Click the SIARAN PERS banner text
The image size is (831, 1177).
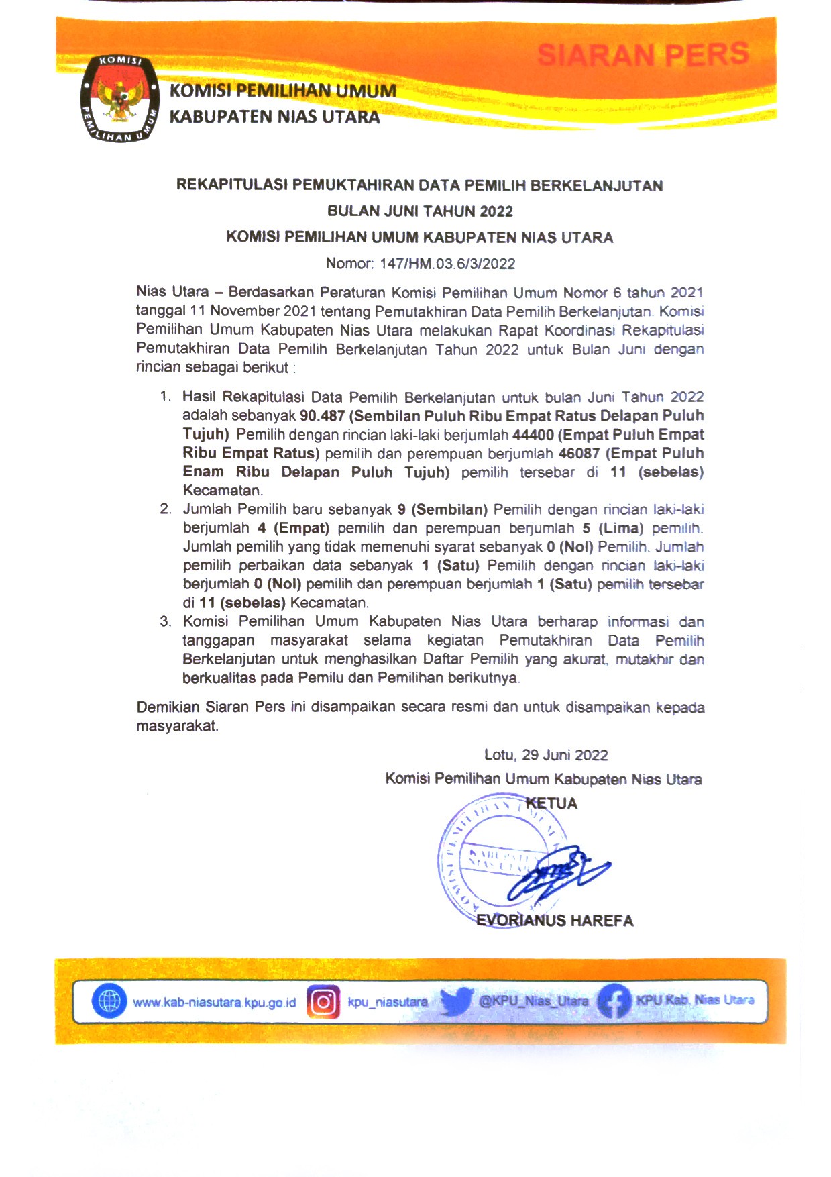(x=643, y=54)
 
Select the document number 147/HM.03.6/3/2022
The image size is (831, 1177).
(x=447, y=264)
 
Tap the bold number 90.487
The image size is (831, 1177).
(x=322, y=416)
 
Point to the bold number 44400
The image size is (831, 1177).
(x=533, y=435)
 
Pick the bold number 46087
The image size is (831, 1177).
(x=580, y=454)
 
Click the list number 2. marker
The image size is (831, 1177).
(x=166, y=509)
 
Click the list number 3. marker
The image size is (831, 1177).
(x=166, y=621)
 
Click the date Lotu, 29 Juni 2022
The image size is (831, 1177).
(x=546, y=755)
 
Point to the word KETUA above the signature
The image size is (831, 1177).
(x=551, y=803)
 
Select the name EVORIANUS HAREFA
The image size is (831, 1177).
(x=555, y=921)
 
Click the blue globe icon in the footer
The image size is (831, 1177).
(x=109, y=1001)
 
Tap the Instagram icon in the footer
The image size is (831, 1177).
(x=323, y=1002)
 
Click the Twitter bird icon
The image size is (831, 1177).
(x=456, y=1001)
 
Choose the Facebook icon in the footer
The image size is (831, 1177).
(x=614, y=1001)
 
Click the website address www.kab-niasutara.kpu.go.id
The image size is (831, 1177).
(x=214, y=1003)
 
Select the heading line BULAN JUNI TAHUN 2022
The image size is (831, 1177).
(x=420, y=211)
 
